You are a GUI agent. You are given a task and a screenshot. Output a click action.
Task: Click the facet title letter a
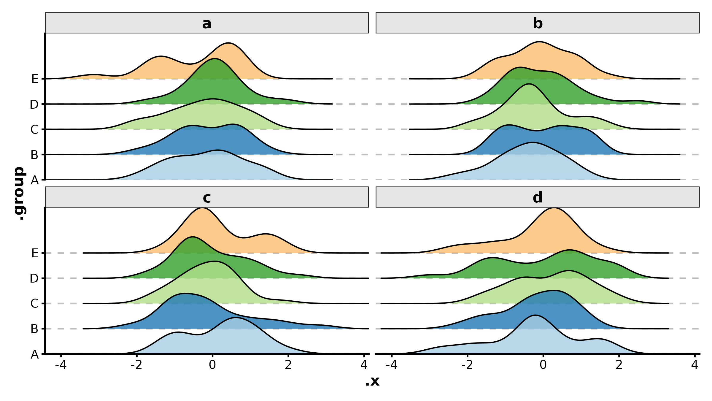pyautogui.click(x=207, y=23)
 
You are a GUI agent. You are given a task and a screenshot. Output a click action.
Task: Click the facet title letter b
pyautogui.click(x=538, y=23)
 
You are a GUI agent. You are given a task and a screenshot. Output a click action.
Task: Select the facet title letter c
pyautogui.click(x=207, y=198)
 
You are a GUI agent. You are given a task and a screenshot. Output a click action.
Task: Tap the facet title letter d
pyautogui.click(x=538, y=197)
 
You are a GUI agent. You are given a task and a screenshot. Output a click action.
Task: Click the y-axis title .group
pyautogui.click(x=20, y=193)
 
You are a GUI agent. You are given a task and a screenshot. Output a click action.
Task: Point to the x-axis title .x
pyautogui.click(x=372, y=381)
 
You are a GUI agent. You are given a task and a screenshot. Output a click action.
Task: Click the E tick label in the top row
pyautogui.click(x=35, y=79)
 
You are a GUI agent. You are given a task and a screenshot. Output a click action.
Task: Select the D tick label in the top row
pyautogui.click(x=34, y=104)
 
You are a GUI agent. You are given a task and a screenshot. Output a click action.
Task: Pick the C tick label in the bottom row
pyautogui.click(x=34, y=304)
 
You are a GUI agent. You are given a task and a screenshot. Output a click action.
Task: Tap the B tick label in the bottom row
pyautogui.click(x=34, y=329)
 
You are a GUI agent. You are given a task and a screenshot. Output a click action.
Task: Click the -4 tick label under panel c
pyautogui.click(x=61, y=365)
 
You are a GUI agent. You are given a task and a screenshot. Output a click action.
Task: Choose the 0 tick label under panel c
pyautogui.click(x=212, y=365)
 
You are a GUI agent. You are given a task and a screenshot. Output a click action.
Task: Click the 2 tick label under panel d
pyautogui.click(x=619, y=365)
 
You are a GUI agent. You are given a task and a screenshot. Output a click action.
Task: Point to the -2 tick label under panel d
pyautogui.click(x=467, y=365)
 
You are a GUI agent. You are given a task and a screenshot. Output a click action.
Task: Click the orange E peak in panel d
pyautogui.click(x=554, y=208)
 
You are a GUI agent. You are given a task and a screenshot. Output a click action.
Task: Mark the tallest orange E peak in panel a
pyautogui.click(x=228, y=43)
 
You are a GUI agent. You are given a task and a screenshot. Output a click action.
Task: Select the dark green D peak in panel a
pyautogui.click(x=214, y=59)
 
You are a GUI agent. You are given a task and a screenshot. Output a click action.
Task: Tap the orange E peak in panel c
pyautogui.click(x=202, y=208)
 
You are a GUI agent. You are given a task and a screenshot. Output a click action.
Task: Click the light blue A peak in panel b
pyautogui.click(x=533, y=143)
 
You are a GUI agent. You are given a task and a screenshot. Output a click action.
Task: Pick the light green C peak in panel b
pyautogui.click(x=529, y=84)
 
